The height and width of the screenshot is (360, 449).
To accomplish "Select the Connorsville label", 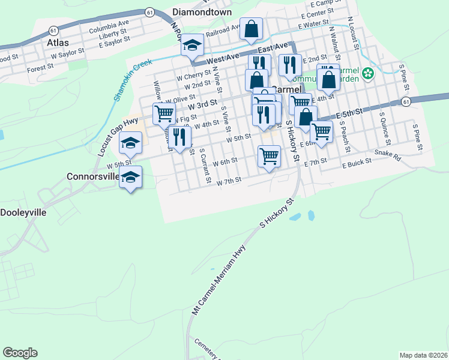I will (92, 177).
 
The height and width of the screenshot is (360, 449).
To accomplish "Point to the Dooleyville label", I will (23, 212).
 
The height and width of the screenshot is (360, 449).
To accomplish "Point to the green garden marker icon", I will (367, 74).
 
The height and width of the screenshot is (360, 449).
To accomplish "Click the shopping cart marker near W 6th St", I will (269, 156).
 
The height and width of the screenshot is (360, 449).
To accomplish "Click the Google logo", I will (20, 353).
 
